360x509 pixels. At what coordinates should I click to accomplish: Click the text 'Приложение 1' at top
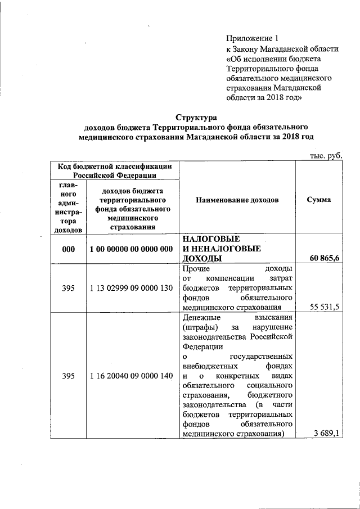click(x=252, y=39)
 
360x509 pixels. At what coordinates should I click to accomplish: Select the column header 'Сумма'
click(x=319, y=200)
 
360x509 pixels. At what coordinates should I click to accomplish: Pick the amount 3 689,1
click(x=328, y=433)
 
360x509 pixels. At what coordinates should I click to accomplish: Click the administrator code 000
click(x=68, y=249)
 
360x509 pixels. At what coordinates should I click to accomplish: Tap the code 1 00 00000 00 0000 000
click(x=130, y=249)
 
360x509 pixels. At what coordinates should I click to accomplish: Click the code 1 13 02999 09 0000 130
click(x=130, y=288)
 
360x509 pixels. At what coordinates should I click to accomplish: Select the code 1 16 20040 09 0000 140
click(x=130, y=376)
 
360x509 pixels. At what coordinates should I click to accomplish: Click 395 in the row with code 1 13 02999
click(x=68, y=288)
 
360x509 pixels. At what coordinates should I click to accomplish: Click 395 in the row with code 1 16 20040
click(x=68, y=376)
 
